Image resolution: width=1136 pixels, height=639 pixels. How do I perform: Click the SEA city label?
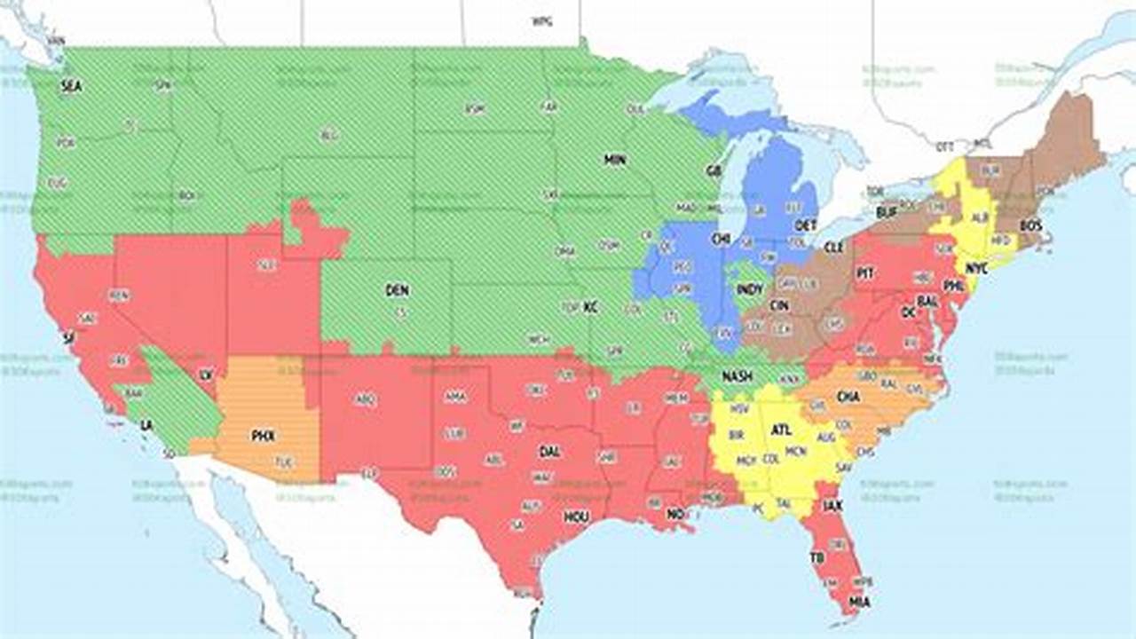click(71, 87)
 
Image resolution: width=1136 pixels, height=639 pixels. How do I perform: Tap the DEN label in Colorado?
click(397, 290)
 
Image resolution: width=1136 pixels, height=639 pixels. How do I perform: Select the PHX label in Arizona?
click(263, 436)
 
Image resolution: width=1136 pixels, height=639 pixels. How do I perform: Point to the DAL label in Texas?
click(549, 452)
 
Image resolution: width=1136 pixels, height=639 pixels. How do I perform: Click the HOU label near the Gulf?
click(576, 517)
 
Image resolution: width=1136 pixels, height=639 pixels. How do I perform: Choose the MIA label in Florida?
click(858, 603)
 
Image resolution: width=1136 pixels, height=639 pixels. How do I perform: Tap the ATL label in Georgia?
click(781, 430)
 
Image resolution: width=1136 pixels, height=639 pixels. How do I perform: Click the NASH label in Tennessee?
click(737, 376)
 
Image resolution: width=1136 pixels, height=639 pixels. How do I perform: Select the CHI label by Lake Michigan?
click(721, 239)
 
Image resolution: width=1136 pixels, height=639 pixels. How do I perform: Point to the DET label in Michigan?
click(806, 226)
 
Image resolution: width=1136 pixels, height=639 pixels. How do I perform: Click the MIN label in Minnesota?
click(615, 161)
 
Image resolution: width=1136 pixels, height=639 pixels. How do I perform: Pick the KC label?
click(590, 307)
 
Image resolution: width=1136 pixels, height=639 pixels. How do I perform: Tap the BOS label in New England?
click(1030, 226)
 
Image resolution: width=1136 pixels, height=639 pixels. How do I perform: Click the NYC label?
click(976, 268)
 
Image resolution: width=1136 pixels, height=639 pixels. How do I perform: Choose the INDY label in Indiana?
click(750, 290)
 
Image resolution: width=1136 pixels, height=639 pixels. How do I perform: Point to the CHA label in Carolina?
click(848, 398)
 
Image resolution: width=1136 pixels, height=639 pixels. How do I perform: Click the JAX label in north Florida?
click(832, 506)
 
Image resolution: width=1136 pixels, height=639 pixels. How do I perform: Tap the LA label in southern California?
click(146, 425)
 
